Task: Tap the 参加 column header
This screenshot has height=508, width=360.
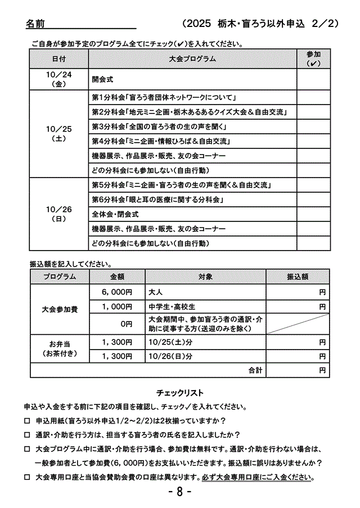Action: tap(313, 58)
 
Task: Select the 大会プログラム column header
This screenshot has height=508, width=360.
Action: tap(192, 58)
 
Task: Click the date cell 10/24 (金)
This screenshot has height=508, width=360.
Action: tap(59, 79)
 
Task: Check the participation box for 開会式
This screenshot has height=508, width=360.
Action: tap(313, 79)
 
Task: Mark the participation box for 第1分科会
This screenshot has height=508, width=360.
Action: tap(313, 97)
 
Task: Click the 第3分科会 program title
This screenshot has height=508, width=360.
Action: tap(163, 126)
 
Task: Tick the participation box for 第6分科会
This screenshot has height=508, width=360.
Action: tap(313, 199)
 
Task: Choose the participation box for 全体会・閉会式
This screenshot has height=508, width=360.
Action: tap(313, 214)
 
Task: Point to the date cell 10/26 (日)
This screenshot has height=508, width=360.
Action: tap(59, 214)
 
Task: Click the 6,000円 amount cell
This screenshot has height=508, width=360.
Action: tap(117, 292)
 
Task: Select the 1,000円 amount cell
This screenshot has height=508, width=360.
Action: tap(117, 307)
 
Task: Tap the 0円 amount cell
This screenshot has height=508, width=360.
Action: tap(117, 324)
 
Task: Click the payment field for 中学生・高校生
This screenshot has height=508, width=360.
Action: tap(298, 307)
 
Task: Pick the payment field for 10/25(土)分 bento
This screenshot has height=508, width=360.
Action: tap(298, 342)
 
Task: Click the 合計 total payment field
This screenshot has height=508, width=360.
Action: tap(298, 370)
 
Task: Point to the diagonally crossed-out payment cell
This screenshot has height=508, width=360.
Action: tap(298, 324)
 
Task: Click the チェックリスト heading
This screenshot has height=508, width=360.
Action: tap(179, 393)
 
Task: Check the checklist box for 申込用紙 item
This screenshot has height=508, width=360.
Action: tap(27, 420)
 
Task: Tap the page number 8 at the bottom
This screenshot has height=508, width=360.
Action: tap(180, 492)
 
